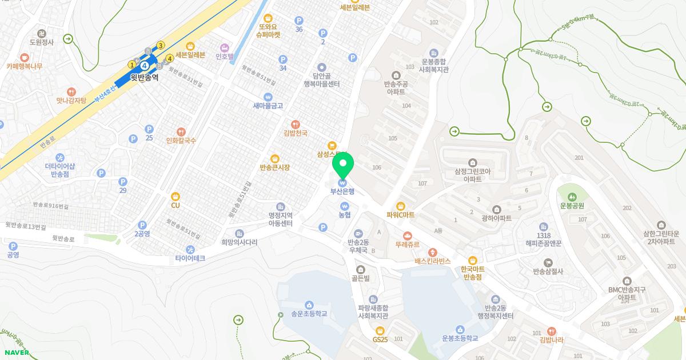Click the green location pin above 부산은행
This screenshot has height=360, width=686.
pos(343,166)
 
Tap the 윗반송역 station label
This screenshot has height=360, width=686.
pos(144,78)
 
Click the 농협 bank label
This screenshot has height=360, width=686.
pos(344,215)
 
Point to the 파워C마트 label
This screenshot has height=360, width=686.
pos(400,215)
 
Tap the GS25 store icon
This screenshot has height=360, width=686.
pos(380,330)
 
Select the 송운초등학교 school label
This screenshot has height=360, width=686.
pos(309,314)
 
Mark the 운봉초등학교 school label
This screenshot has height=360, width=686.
pos(460,338)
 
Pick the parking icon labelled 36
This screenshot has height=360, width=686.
pos(298,20)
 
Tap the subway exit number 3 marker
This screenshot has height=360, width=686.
pos(161,45)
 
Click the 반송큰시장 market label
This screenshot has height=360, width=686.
pos(274,167)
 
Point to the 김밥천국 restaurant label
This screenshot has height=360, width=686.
pos(296,133)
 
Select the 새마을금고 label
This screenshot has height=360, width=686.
pos(268,106)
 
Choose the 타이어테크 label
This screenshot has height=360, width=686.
pos(190,258)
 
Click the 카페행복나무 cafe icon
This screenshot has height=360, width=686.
pos(24,58)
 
